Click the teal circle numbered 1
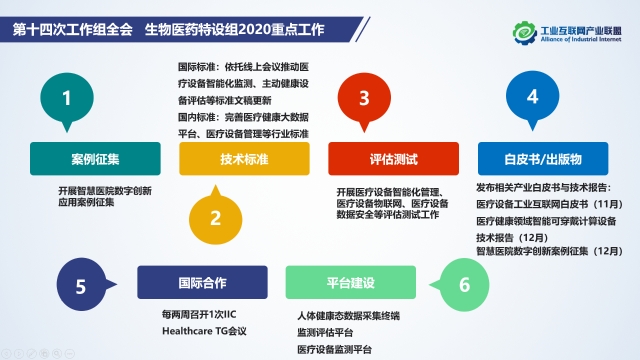(x=67, y=98)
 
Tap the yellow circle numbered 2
(x=214, y=215)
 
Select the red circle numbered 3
(x=365, y=98)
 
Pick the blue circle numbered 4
(x=532, y=98)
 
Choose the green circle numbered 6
(x=464, y=284)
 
